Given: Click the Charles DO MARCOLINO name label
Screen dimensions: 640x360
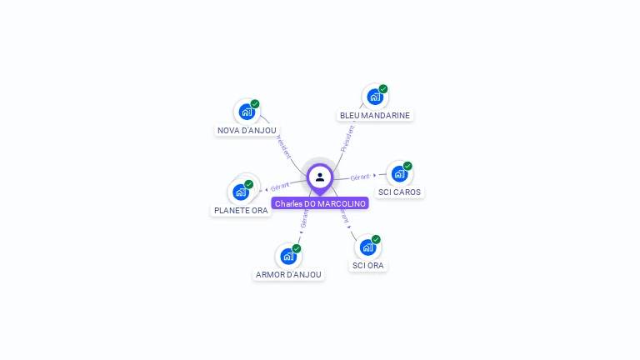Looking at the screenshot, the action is click(x=320, y=203).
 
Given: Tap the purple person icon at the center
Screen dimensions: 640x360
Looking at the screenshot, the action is click(x=320, y=177).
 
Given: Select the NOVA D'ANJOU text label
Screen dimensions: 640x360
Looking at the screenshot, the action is click(x=247, y=130).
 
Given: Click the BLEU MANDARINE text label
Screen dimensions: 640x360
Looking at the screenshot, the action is click(x=375, y=115).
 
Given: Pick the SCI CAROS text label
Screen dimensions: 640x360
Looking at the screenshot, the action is click(x=400, y=192).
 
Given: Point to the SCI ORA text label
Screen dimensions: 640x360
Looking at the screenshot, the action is click(x=367, y=265).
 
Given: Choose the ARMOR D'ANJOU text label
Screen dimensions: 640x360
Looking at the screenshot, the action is click(x=288, y=274).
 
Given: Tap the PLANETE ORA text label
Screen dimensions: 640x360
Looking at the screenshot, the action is click(x=241, y=210).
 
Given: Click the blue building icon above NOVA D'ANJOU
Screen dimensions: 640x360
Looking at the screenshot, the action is click(x=246, y=112).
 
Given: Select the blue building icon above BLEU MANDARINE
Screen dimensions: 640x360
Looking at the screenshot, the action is click(x=374, y=97).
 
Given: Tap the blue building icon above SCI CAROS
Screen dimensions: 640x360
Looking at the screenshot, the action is click(x=399, y=173).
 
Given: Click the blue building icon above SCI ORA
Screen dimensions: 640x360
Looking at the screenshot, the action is click(x=367, y=247).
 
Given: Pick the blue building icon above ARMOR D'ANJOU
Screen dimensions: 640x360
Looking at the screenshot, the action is click(x=287, y=256).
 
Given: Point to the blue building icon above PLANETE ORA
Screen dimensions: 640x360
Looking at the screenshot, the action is click(x=240, y=192).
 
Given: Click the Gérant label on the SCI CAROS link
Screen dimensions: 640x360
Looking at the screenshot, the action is click(x=360, y=177).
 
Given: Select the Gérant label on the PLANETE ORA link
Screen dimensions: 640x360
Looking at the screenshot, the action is click(x=280, y=187).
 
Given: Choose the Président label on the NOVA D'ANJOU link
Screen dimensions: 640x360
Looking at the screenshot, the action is click(x=283, y=147).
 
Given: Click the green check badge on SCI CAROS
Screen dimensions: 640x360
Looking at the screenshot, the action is click(x=407, y=166).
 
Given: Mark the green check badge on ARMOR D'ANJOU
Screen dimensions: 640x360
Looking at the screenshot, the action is click(x=296, y=248).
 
